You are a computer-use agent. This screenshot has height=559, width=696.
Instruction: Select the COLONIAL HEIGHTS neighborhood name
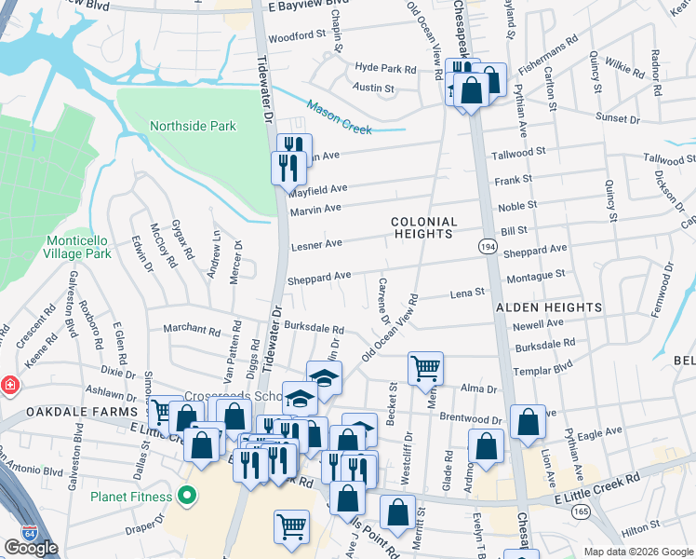pos(424,228)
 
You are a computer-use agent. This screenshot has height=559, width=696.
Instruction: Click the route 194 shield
pos(488,246)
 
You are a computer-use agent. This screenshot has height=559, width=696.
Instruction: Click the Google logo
pos(31,548)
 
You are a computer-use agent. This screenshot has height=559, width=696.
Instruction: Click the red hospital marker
pos(8,385)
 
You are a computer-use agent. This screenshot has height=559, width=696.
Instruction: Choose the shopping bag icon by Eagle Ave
pos(528,420)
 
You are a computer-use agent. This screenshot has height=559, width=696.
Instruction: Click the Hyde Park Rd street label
pos(385,69)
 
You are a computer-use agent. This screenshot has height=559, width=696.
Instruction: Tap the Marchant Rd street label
pos(191,329)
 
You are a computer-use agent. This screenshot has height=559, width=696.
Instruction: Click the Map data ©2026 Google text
pos(637,552)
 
